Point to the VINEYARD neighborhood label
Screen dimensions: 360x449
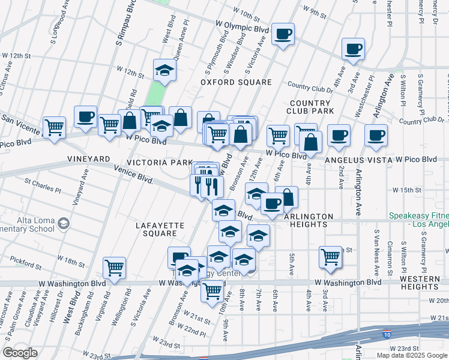[x=89, y=159]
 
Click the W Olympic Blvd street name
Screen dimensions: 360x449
[x=241, y=28]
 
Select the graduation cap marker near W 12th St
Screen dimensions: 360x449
[x=164, y=70]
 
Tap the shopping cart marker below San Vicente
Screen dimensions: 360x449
[x=55, y=127]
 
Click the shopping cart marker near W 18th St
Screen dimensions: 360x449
[x=114, y=268]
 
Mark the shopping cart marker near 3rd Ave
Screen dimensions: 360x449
[x=330, y=257]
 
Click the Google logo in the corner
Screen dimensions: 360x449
[x=20, y=352]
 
